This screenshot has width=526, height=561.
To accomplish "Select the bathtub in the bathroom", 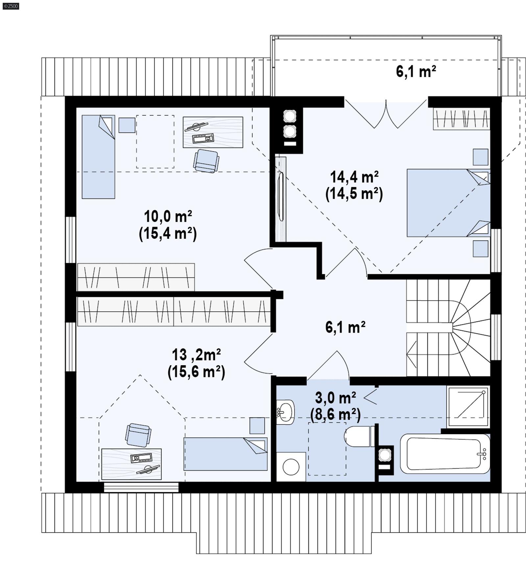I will pyautogui.click(x=444, y=454).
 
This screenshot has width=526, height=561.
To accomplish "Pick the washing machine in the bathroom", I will pyautogui.click(x=291, y=467).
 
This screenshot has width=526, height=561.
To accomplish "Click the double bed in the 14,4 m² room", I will pyautogui.click(x=448, y=203).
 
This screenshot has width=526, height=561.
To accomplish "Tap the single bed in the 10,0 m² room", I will pyautogui.click(x=98, y=157).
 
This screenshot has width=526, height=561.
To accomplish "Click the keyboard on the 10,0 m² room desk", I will pyautogui.click(x=203, y=138).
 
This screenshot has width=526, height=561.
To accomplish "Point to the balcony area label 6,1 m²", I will pyautogui.click(x=416, y=71).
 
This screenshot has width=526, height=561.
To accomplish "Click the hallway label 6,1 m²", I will pyautogui.click(x=345, y=327).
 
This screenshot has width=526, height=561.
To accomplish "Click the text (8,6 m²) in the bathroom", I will pyautogui.click(x=335, y=415).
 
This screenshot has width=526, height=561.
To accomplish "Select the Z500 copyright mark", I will pyautogui.click(x=11, y=6).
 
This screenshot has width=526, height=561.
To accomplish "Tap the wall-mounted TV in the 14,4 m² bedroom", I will pyautogui.click(x=281, y=197).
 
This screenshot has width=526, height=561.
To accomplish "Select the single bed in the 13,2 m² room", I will pyautogui.click(x=226, y=454).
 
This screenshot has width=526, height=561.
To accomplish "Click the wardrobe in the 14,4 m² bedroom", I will pyautogui.click(x=461, y=119).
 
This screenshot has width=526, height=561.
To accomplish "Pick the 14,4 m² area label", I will pyautogui.click(x=354, y=177).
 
